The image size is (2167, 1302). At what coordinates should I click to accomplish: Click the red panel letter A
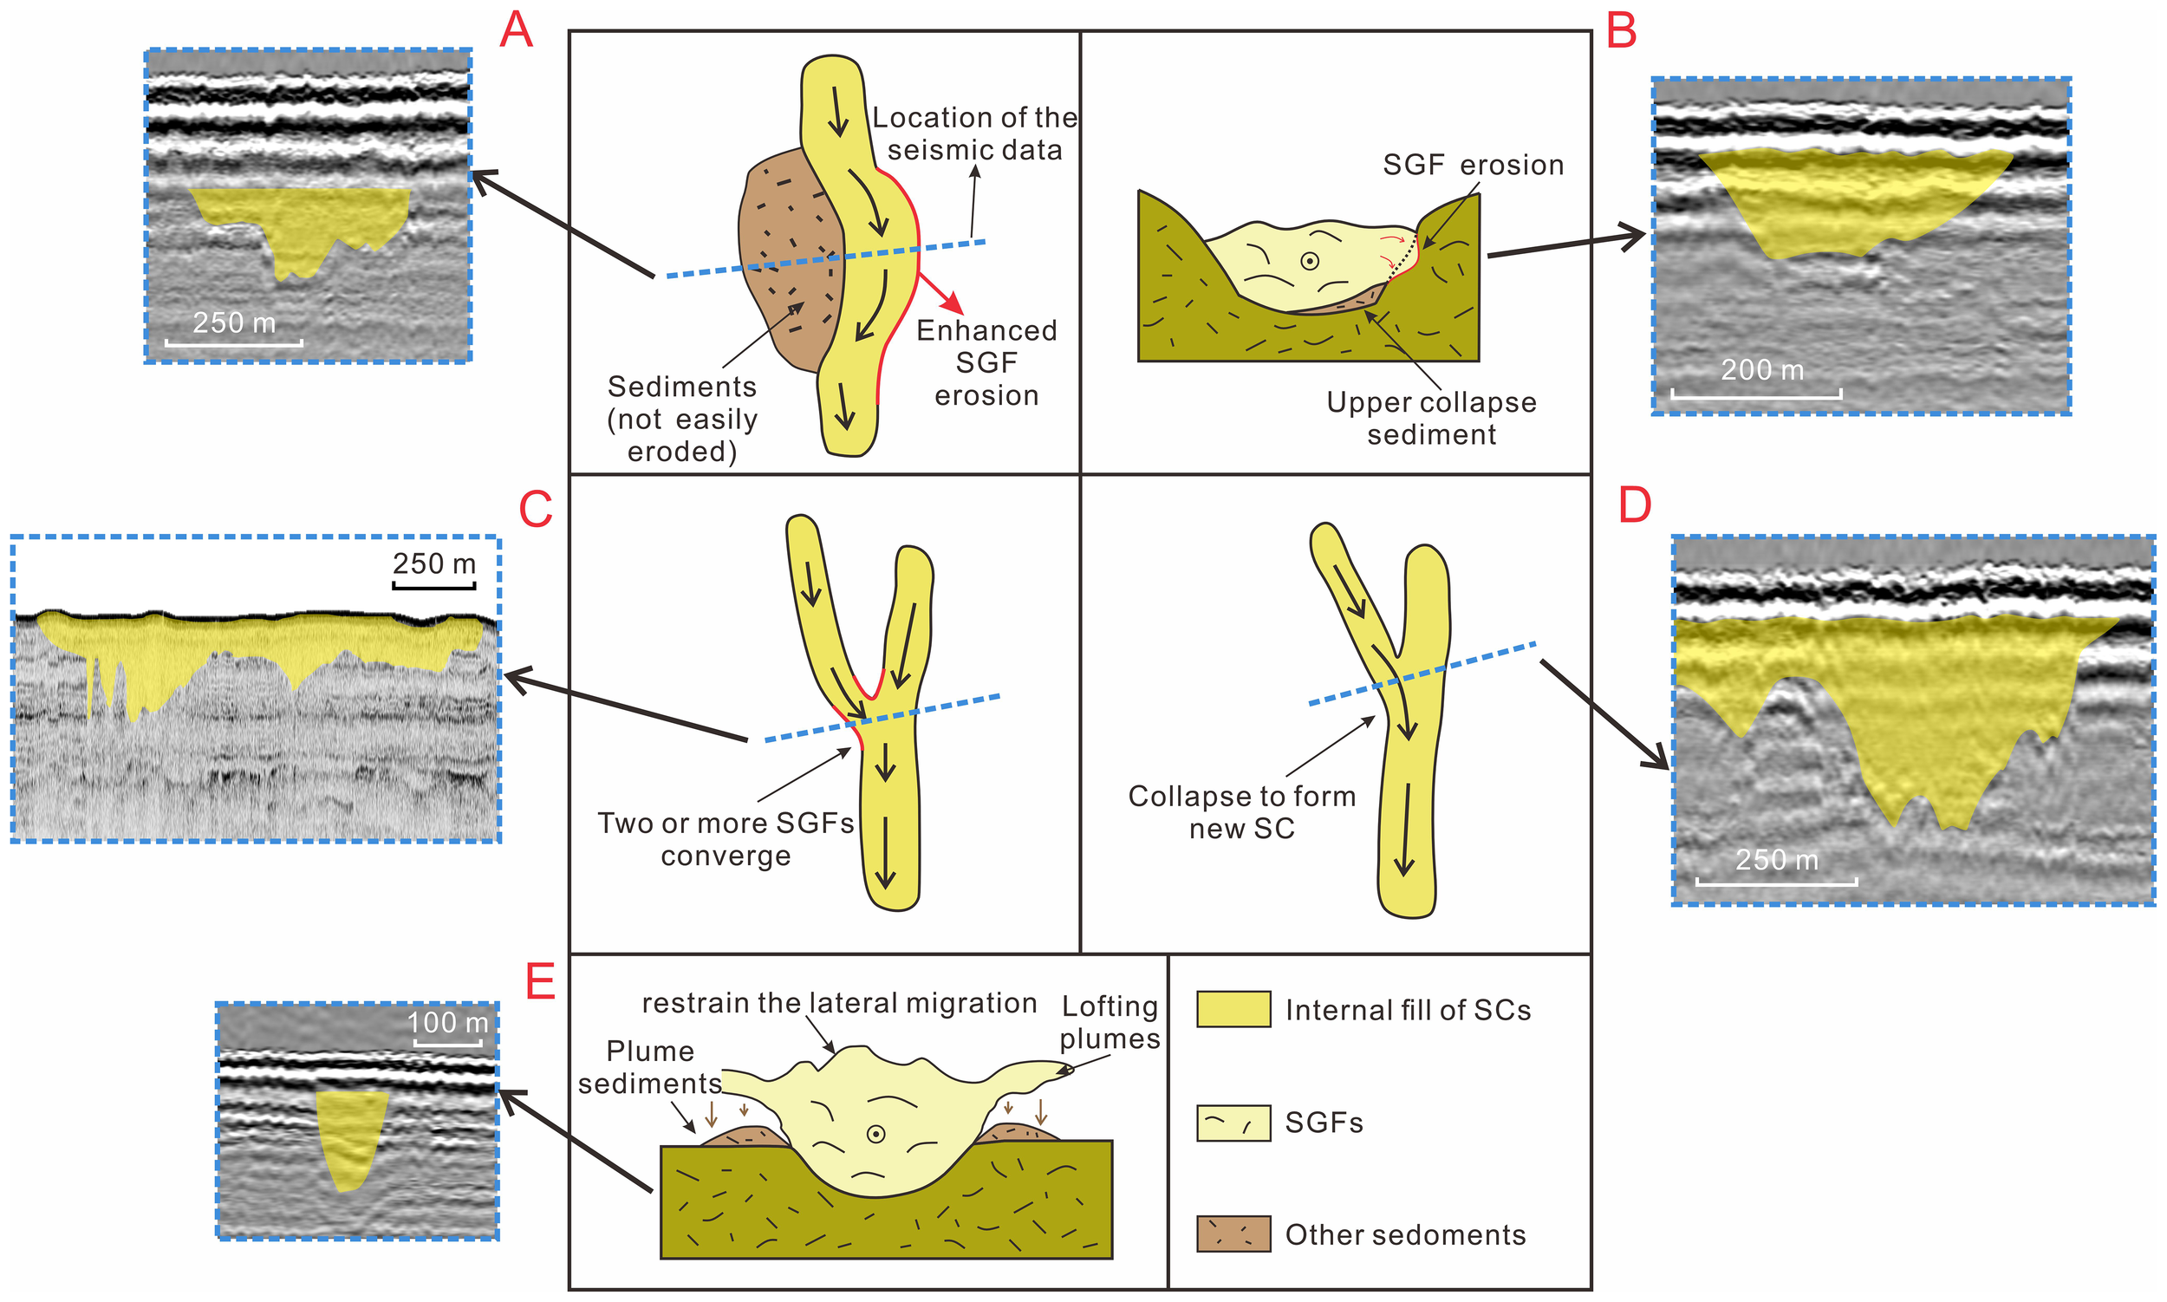pyautogui.click(x=516, y=30)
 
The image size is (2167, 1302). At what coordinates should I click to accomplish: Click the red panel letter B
pyautogui.click(x=1621, y=31)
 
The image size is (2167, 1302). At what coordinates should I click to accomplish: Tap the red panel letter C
pyautogui.click(x=535, y=510)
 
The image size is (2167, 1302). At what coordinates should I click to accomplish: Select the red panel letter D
pyautogui.click(x=1635, y=506)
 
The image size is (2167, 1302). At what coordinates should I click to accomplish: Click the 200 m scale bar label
pyautogui.click(x=1761, y=370)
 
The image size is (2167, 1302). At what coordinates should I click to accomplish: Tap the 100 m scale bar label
pyautogui.click(x=447, y=1023)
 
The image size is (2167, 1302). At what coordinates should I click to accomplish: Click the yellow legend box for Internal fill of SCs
pyautogui.click(x=1233, y=1009)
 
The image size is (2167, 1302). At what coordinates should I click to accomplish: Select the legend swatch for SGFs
pyautogui.click(x=1233, y=1123)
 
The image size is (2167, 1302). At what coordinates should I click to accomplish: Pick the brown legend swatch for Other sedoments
pyautogui.click(x=1233, y=1234)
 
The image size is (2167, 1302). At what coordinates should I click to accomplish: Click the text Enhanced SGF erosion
pyautogui.click(x=986, y=362)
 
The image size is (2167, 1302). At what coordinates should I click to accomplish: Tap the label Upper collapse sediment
pyautogui.click(x=1431, y=418)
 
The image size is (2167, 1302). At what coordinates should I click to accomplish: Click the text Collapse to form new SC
pyautogui.click(x=1241, y=811)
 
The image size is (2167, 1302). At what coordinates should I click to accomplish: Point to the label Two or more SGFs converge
pyautogui.click(x=726, y=839)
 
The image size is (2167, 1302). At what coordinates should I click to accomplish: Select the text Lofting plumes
pyautogui.click(x=1110, y=1022)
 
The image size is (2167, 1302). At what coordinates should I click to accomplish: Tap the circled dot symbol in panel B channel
pyautogui.click(x=1309, y=262)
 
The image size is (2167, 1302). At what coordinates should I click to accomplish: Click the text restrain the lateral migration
pyautogui.click(x=839, y=1003)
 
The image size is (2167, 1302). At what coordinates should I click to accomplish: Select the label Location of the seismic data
pyautogui.click(x=973, y=133)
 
